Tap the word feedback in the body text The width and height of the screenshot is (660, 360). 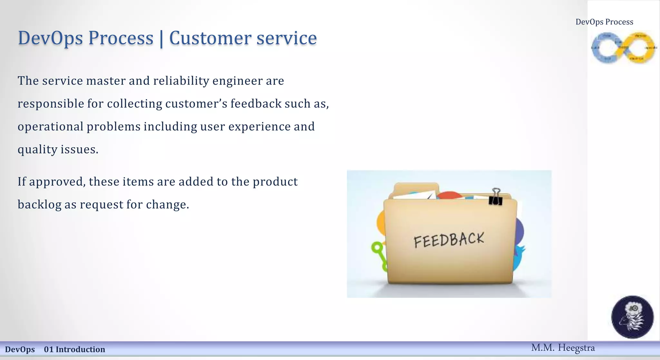tap(256, 103)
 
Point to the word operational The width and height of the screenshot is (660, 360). tap(51, 127)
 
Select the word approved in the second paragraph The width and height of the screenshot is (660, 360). tap(57, 182)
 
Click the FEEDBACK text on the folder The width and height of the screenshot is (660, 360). tap(449, 240)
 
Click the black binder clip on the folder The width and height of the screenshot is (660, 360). tap(495, 197)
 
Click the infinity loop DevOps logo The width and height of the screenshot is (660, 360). tap(623, 48)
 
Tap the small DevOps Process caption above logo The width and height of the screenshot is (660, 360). tap(604, 22)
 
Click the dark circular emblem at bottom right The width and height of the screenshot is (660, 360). tap(632, 317)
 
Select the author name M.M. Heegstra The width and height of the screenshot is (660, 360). tap(563, 348)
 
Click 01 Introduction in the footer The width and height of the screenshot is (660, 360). tap(74, 349)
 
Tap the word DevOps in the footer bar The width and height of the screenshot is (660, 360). tap(20, 349)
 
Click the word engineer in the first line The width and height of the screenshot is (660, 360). tap(238, 81)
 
